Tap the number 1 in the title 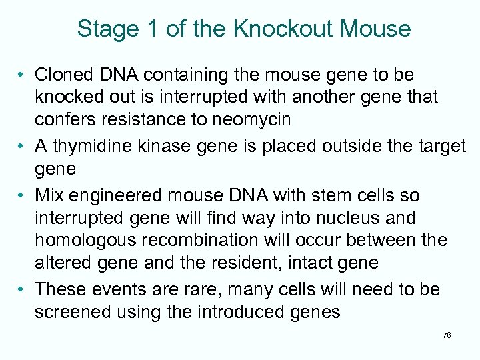tap(157, 29)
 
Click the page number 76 tap(446, 335)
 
